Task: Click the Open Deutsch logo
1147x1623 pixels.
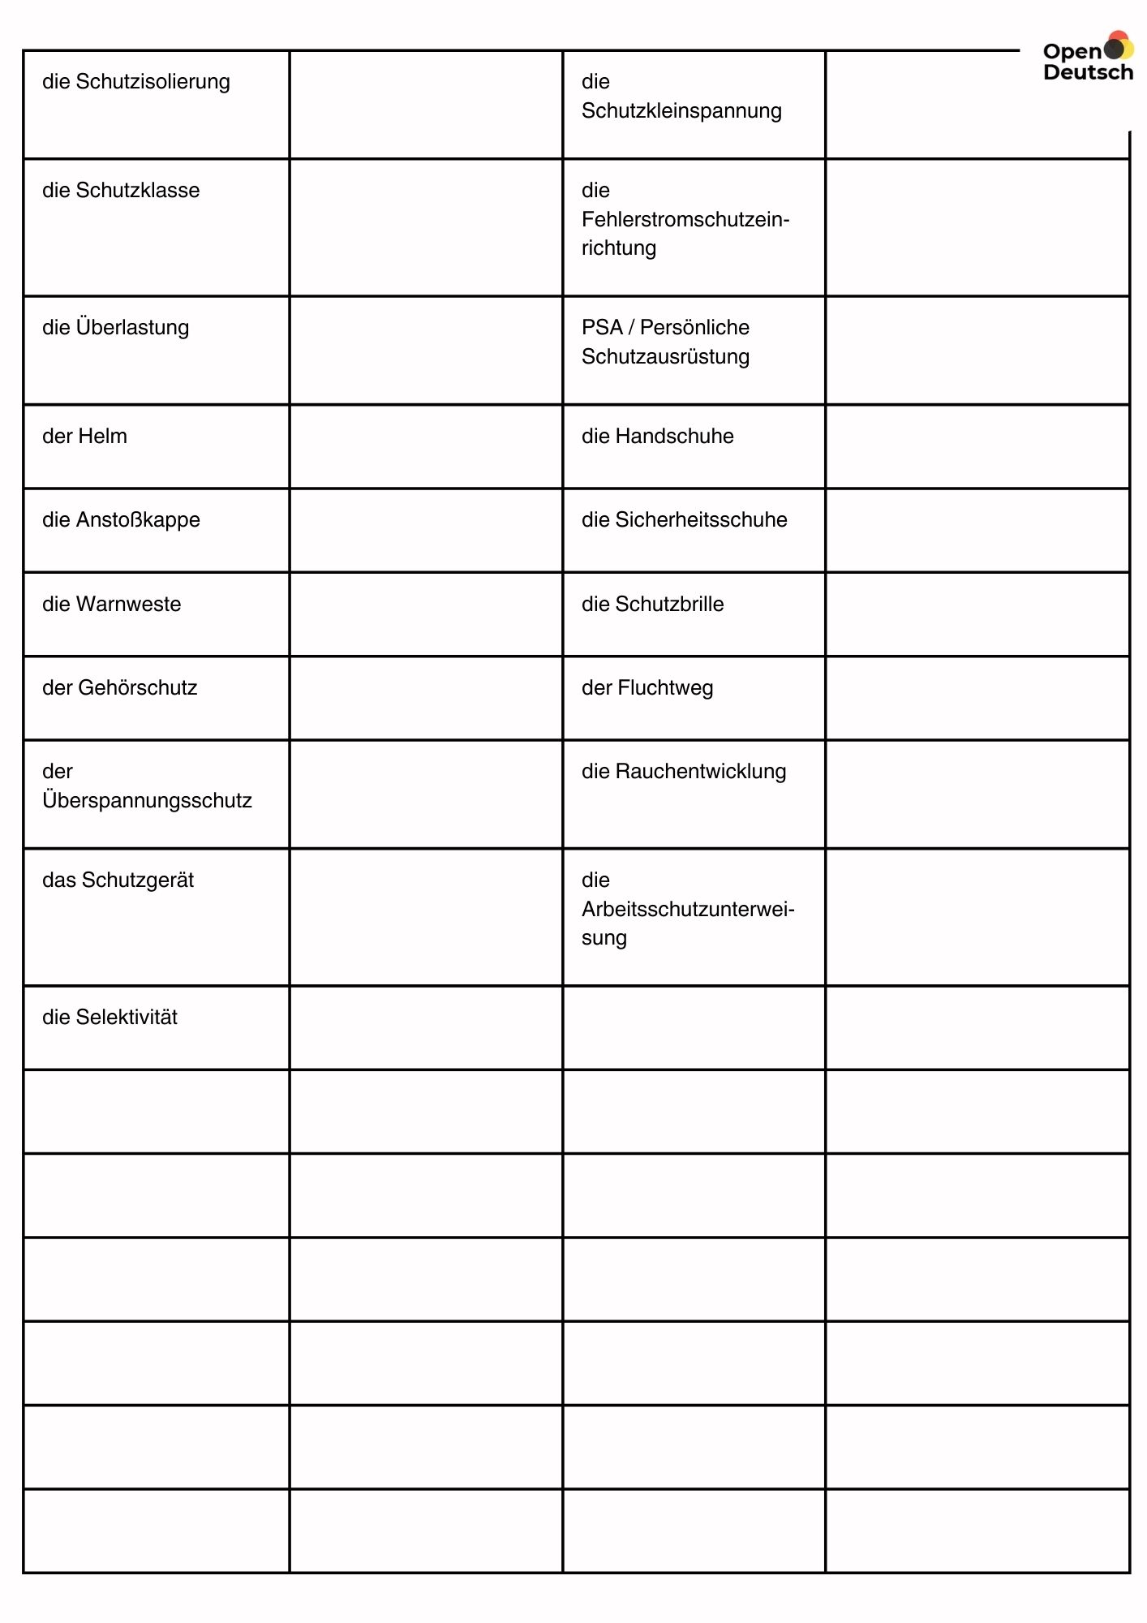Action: (x=1087, y=58)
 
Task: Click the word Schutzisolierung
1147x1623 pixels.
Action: (x=153, y=82)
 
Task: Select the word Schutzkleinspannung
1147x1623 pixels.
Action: (x=681, y=111)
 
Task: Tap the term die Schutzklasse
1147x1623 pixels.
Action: (x=121, y=191)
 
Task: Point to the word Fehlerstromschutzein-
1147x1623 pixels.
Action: (x=685, y=220)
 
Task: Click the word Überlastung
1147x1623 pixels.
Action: (x=132, y=327)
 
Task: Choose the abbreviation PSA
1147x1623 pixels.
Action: (x=602, y=328)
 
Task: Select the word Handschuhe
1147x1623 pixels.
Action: (x=674, y=437)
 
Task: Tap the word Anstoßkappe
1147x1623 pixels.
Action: (x=138, y=520)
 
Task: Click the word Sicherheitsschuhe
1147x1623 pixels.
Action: (x=701, y=520)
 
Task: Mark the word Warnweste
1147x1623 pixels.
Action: (x=128, y=605)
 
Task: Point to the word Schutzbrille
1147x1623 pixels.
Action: (x=669, y=605)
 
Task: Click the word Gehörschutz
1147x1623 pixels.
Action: (x=136, y=688)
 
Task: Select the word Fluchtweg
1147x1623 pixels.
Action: (x=665, y=688)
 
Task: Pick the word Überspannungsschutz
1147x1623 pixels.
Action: (x=147, y=801)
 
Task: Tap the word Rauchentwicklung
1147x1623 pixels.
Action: (x=701, y=772)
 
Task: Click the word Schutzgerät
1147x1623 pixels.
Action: (x=137, y=880)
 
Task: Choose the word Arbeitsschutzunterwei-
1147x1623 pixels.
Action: (x=688, y=910)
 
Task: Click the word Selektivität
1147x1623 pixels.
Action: (x=127, y=1018)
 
